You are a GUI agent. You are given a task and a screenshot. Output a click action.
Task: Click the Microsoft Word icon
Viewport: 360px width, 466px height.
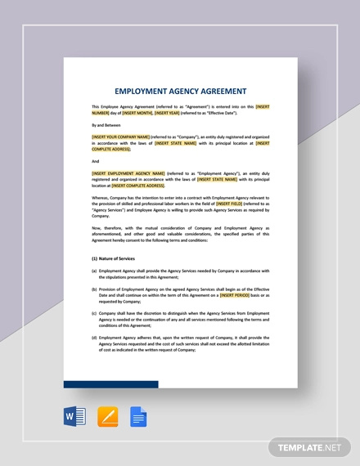74,418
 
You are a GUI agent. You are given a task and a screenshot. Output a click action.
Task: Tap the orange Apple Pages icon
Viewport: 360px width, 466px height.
107,418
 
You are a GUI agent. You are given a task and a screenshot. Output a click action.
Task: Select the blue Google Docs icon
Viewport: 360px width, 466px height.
137,418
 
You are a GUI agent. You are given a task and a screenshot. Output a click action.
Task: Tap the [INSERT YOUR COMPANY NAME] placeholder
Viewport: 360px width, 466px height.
121,137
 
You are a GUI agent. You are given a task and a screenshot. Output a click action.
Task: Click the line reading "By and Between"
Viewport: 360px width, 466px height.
104,124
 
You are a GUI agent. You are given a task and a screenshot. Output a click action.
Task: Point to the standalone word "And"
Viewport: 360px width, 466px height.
95,161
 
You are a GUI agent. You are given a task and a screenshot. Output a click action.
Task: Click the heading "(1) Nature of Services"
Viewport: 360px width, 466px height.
114,258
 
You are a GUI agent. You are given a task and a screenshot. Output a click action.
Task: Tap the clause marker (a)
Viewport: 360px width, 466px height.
94,271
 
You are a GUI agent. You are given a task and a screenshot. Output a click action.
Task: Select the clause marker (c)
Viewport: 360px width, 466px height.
94,313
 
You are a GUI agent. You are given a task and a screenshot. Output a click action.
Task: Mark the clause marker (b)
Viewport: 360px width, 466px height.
94,289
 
